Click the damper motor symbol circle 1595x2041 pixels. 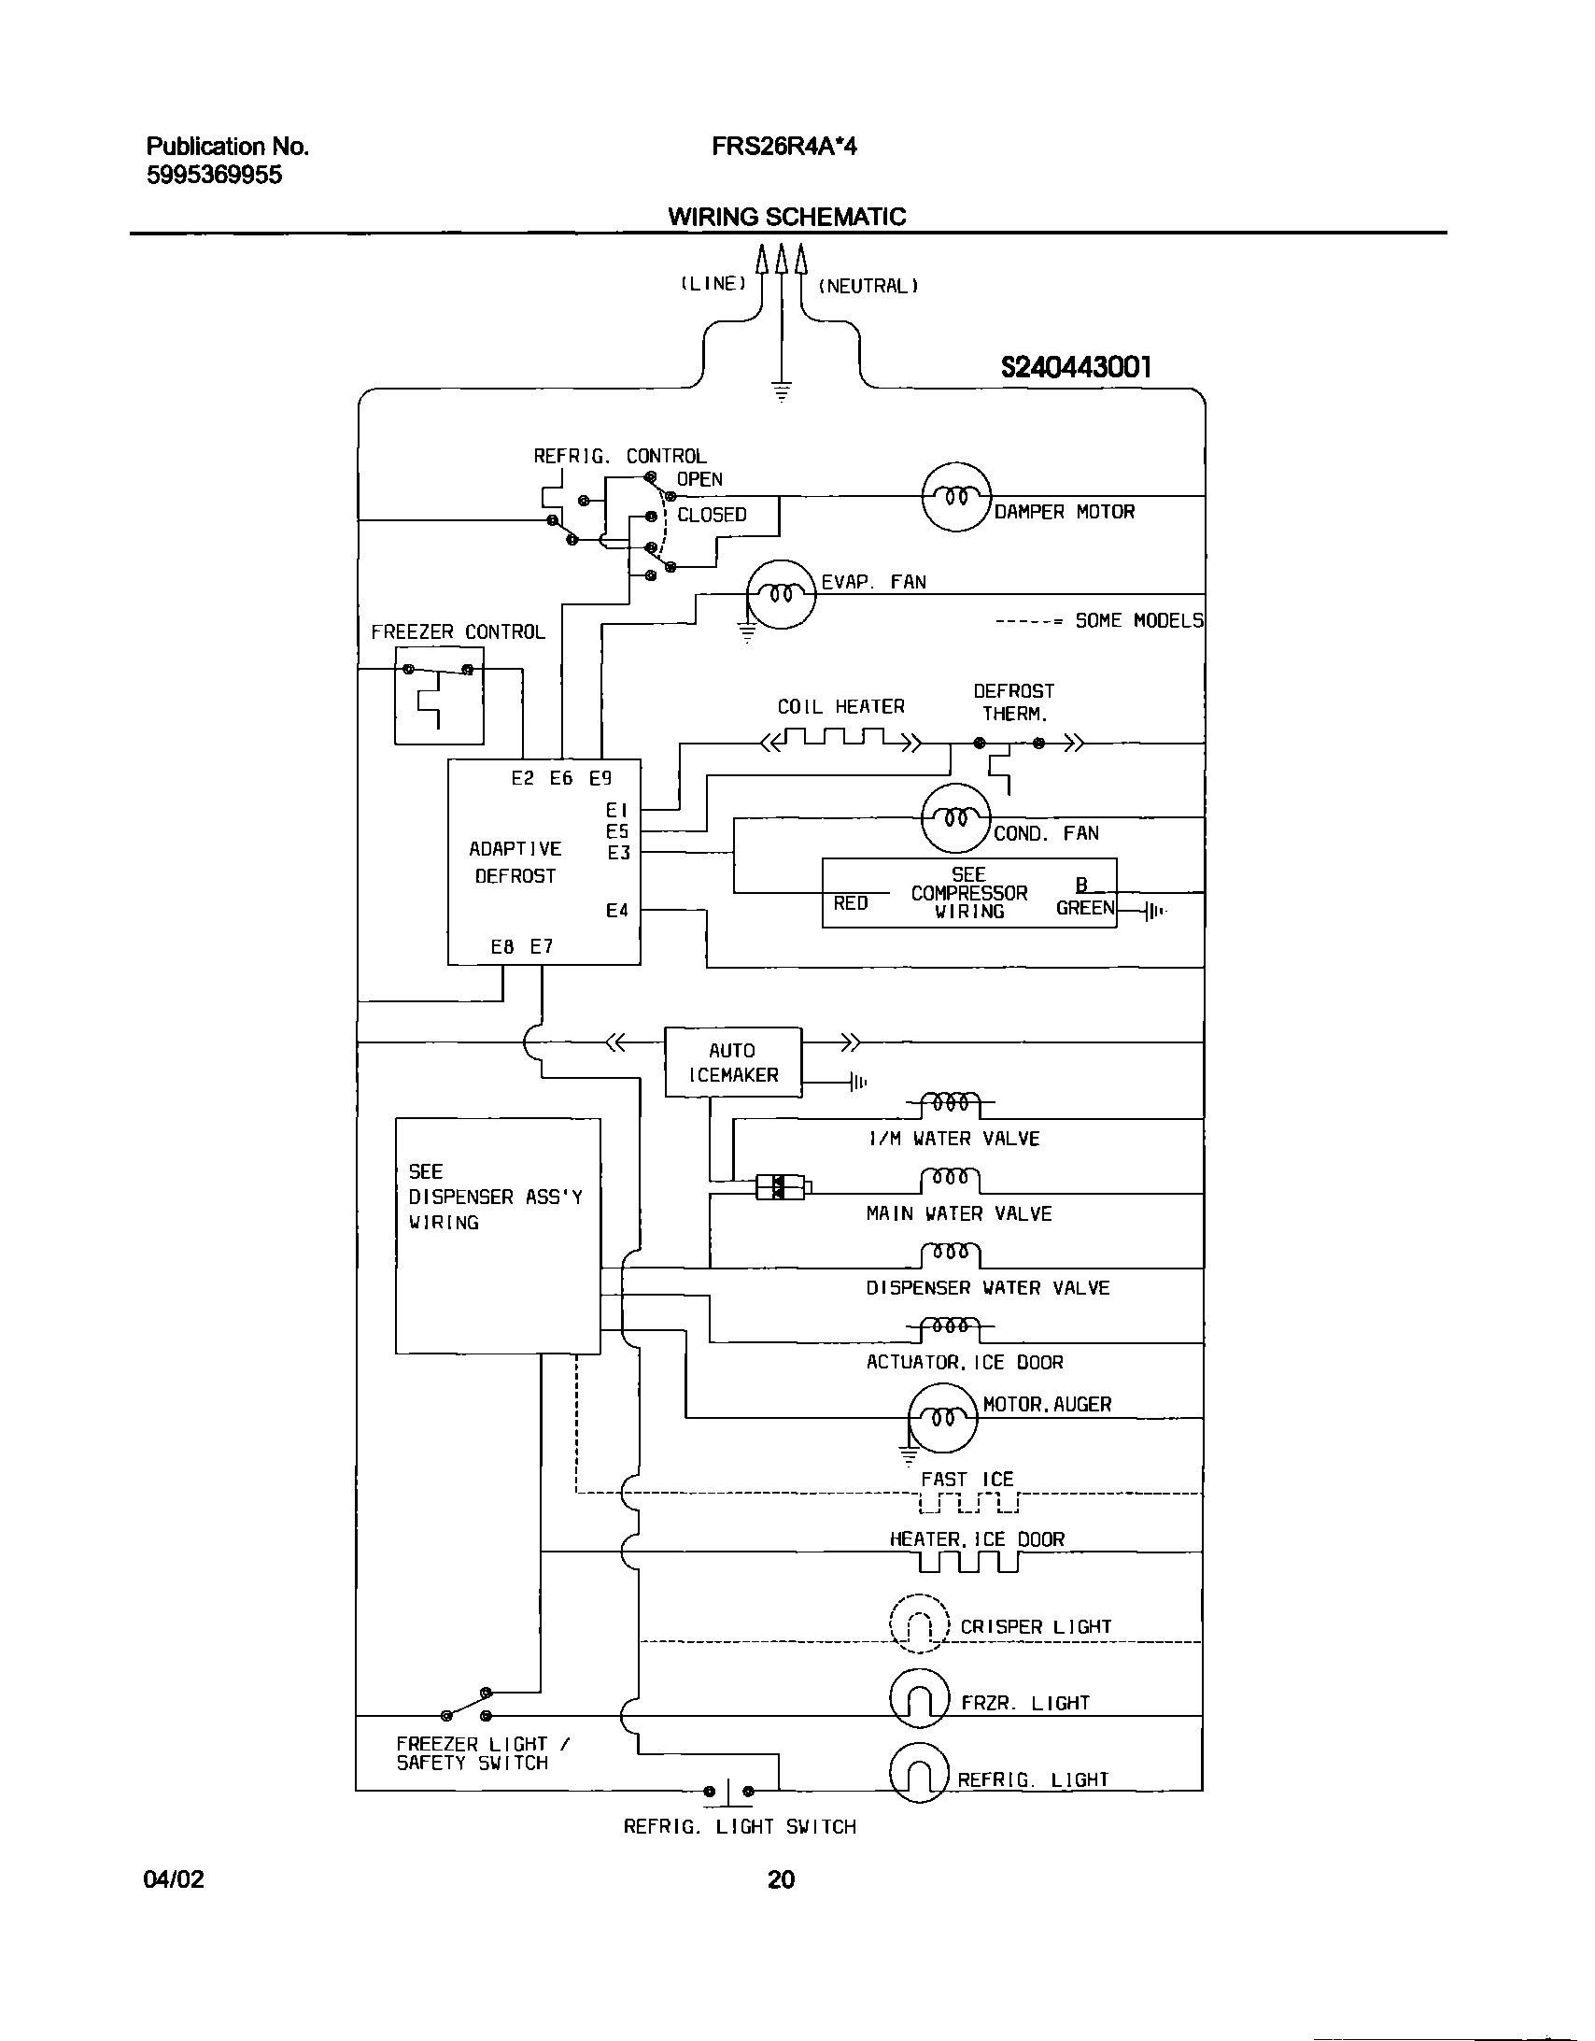click(955, 497)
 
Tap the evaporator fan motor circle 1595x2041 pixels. click(781, 594)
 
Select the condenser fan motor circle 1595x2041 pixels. click(955, 818)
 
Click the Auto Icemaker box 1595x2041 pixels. click(733, 1063)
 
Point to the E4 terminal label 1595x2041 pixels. click(616, 910)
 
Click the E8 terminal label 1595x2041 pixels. click(502, 946)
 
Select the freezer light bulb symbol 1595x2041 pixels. click(920, 1698)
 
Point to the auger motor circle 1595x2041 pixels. click(943, 1418)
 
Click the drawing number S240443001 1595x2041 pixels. click(1076, 367)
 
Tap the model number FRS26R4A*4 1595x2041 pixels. click(783, 147)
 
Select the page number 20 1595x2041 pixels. click(781, 1879)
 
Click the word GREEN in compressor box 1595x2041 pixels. click(1085, 907)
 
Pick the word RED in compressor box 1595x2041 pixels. click(851, 903)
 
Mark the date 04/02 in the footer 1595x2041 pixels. click(174, 1879)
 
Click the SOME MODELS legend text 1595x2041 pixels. click(1138, 620)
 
